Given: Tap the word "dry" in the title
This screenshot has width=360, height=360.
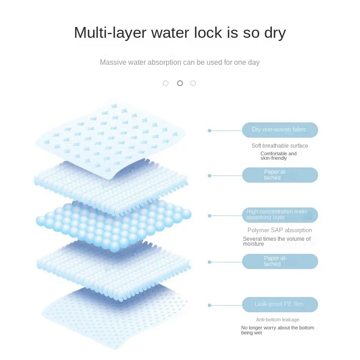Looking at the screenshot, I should coord(272,33).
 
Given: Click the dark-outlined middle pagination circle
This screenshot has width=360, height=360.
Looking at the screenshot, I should coord(180,83).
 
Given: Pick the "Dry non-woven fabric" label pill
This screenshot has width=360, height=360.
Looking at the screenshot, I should coord(280,130).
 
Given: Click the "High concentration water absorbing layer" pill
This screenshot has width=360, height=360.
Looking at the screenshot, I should coord(280,215).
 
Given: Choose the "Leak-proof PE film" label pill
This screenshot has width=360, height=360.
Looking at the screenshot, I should coord(280,305).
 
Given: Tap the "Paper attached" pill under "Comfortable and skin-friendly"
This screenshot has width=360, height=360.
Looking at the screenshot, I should coord(280,175).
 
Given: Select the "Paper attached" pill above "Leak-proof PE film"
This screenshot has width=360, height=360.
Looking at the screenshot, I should coord(280,261).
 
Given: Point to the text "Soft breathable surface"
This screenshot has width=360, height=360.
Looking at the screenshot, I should coord(279,146).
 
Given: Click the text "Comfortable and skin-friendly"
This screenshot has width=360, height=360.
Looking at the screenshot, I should coord(279,156).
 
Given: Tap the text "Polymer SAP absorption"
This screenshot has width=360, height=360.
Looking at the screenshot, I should coord(279,230).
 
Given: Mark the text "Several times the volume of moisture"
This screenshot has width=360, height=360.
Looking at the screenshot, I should coord(277,242).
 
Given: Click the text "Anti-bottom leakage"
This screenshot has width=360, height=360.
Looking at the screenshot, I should coord(277,319).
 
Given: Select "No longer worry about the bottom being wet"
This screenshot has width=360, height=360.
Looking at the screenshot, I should coord(277,330).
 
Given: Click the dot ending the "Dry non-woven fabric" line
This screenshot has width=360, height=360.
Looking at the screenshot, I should coord(209,130).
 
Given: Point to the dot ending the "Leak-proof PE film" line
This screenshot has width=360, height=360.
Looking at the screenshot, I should coord(209,305).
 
